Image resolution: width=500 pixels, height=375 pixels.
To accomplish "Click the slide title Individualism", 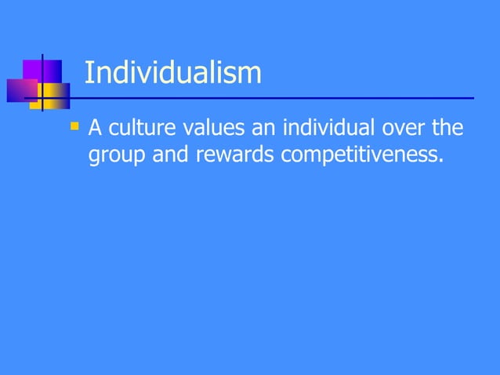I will [x=172, y=73].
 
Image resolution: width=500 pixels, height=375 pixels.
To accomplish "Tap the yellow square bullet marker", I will [x=75, y=124].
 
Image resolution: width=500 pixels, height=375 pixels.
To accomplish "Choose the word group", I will [x=115, y=155].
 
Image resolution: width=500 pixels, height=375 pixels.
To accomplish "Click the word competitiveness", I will [x=357, y=155].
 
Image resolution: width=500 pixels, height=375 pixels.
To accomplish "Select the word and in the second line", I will [x=168, y=155].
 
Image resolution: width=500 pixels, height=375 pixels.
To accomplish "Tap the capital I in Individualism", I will [x=87, y=73].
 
